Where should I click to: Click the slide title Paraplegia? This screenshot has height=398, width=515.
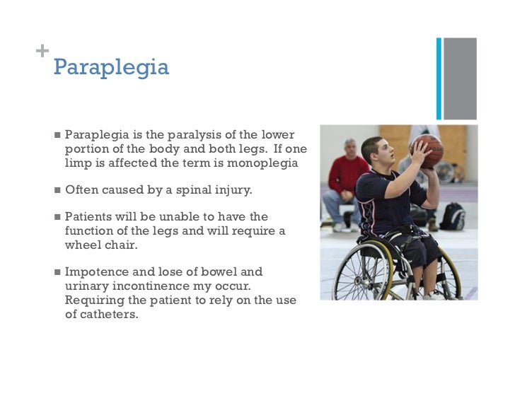(x=111, y=68)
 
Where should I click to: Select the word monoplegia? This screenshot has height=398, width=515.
(x=262, y=163)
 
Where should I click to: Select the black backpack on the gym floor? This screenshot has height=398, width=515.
(x=451, y=216)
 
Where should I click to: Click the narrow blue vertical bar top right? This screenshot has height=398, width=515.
(x=439, y=78)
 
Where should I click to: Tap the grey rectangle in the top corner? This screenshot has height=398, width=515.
(x=459, y=78)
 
